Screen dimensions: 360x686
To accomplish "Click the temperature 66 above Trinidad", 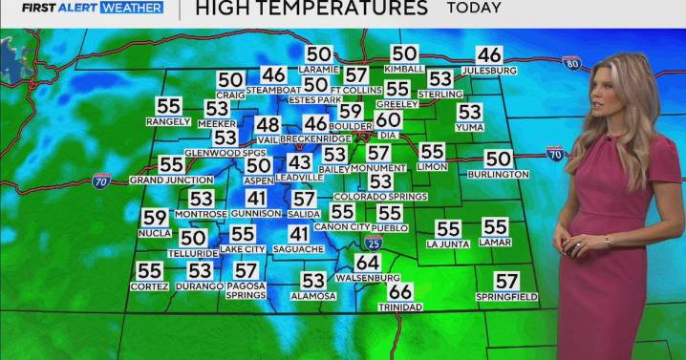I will coord(400,291).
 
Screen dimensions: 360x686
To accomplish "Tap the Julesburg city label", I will coord(488,71).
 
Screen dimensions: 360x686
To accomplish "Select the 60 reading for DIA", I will coord(387,120).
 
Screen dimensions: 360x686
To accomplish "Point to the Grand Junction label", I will coord(171,180).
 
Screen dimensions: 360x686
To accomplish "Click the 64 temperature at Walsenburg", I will coord(368,263).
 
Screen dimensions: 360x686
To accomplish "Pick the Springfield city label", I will coord(506,297).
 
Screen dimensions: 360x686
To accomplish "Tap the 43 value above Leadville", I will coord(299,163).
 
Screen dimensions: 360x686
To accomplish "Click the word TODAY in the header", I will coord(473,9).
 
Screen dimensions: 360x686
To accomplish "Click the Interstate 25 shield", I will coord(375,244).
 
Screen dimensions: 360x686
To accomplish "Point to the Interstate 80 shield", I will coord(572,64).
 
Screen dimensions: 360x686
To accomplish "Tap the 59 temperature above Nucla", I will coord(155,219).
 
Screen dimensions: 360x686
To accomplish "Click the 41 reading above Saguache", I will coord(300,235).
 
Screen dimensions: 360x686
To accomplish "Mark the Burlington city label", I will coord(499,174).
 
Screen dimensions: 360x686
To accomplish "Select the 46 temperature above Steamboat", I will coord(274,74).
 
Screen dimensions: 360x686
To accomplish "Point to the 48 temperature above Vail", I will coord(268,125).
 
